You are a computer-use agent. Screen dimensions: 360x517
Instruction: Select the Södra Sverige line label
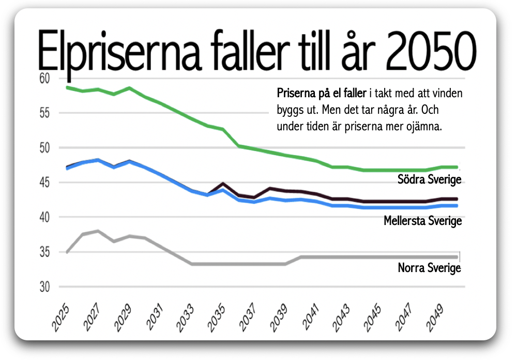[x=429, y=179]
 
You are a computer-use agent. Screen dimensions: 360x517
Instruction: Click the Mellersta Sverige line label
[x=422, y=221]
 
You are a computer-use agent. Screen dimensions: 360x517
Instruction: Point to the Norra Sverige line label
[x=429, y=268]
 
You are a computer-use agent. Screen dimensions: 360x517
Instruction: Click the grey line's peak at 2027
[x=98, y=231]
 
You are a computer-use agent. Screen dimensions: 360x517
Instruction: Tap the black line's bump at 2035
[x=222, y=184]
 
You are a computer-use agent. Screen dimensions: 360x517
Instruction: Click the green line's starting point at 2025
[x=68, y=87]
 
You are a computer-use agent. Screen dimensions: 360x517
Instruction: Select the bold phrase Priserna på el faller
[x=322, y=94]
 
